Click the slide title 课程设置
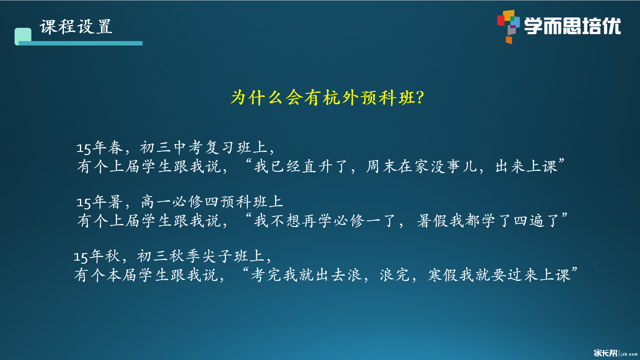click(76, 27)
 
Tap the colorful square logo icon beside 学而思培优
click(508, 26)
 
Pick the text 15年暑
click(98, 202)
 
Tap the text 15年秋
click(96, 257)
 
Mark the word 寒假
click(443, 276)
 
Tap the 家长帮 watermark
click(606, 353)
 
